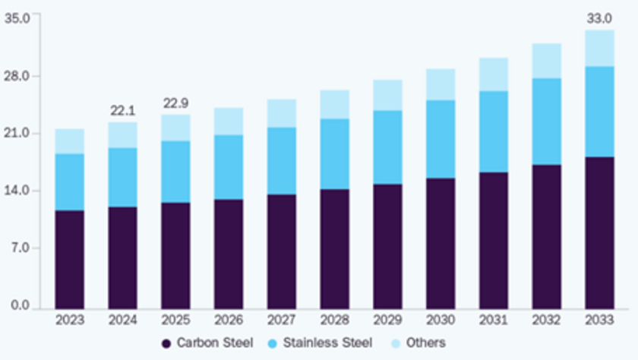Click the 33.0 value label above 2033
click(x=600, y=17)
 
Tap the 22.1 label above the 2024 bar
click(x=123, y=110)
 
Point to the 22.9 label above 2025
click(x=175, y=103)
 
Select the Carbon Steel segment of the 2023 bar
click(x=70, y=258)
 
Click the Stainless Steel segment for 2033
click(x=600, y=112)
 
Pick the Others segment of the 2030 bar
click(x=441, y=84)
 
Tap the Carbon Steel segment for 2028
click(x=335, y=248)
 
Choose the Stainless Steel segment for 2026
click(x=229, y=167)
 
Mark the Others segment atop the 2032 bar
click(x=547, y=61)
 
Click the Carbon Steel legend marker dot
click(x=166, y=343)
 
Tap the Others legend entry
click(x=426, y=343)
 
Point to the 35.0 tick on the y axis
click(x=17, y=18)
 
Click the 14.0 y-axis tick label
click(x=17, y=191)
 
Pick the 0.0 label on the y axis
click(x=20, y=306)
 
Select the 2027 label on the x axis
click(x=282, y=320)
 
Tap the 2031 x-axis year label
click(x=494, y=320)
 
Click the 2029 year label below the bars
click(x=387, y=320)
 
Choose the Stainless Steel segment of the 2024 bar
click(x=123, y=177)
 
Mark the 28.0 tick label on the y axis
click(x=17, y=76)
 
